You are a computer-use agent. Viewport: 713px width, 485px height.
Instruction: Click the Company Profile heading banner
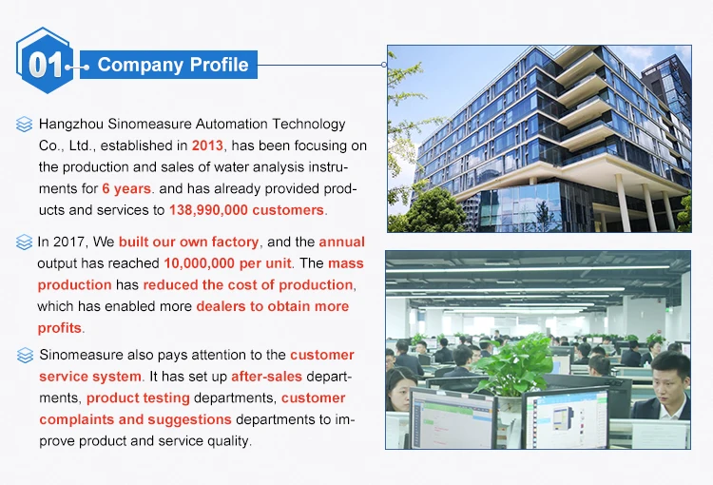168,65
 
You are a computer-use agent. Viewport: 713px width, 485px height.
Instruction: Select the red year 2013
207,145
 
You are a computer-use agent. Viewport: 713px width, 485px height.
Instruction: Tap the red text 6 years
126,188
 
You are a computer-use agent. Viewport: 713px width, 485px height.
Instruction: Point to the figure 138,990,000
209,210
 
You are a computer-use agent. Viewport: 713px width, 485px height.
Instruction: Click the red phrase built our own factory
189,242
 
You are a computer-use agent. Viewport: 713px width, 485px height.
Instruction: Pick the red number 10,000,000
200,263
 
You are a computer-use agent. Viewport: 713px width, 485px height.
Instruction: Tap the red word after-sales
266,377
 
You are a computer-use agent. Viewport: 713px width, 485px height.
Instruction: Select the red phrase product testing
138,398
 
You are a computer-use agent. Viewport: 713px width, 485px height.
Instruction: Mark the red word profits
60,328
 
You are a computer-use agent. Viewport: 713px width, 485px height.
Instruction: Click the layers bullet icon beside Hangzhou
24,125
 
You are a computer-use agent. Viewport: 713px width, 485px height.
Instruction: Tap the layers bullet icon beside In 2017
24,242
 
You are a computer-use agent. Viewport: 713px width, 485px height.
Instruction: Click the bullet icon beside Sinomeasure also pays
25,356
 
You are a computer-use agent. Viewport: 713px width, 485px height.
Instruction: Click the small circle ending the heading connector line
384,65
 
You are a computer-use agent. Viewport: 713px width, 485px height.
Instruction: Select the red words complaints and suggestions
136,419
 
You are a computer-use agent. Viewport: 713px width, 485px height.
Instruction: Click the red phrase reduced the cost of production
248,284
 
